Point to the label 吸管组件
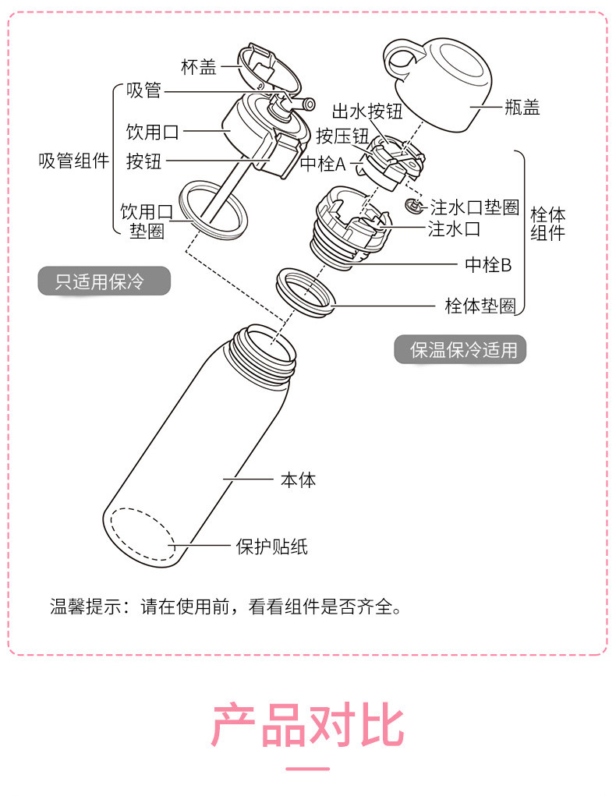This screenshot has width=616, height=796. pos(74,161)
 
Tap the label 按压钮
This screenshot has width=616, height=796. pos(342,136)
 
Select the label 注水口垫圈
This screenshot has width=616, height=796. pos(475,207)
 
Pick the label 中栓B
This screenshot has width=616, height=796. pos(488,264)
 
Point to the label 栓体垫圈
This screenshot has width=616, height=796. pos(480,306)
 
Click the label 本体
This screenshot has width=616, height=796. pos(299,479)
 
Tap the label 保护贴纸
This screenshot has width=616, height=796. pos(272,547)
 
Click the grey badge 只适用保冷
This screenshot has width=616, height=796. pos(103,281)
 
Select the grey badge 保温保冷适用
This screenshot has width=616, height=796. pos(460,350)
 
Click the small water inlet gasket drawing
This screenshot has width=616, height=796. pos(415,206)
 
